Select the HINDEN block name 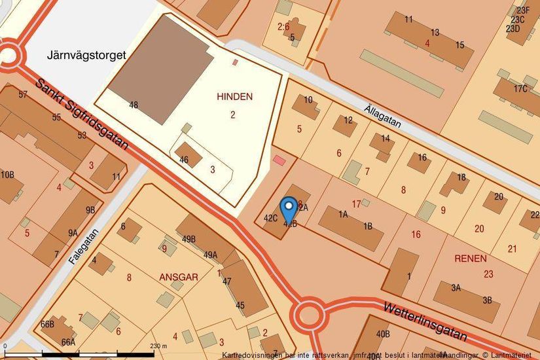[234, 96]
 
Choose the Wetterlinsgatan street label [425, 321]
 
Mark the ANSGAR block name [179, 277]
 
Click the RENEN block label [470, 259]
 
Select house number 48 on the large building [134, 105]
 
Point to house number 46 [184, 160]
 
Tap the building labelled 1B [368, 226]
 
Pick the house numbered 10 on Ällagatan [308, 99]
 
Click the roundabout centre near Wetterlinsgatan [310, 315]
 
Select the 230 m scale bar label [159, 346]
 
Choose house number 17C [520, 88]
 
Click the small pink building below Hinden [279, 160]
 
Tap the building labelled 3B [487, 300]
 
